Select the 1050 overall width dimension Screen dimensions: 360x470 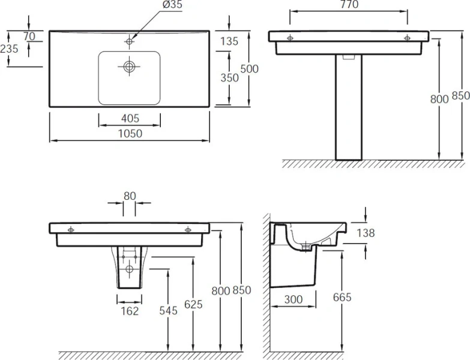pyautogui.click(x=130, y=134)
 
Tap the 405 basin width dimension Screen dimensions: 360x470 pyautogui.click(x=130, y=118)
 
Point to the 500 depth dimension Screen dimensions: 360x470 pyautogui.click(x=249, y=69)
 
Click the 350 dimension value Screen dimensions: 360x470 pyautogui.click(x=229, y=78)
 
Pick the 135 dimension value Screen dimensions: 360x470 pyautogui.click(x=229, y=41)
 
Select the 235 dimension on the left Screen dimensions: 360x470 pyautogui.click(x=10, y=49)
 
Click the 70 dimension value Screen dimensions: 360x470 pyautogui.click(x=29, y=36)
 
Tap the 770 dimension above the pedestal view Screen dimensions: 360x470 pyautogui.click(x=349, y=5)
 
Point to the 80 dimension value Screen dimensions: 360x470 pyautogui.click(x=130, y=195)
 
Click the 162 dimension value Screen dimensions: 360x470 pyautogui.click(x=130, y=311)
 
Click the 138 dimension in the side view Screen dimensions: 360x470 pyautogui.click(x=365, y=233)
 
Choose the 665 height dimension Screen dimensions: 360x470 pyautogui.click(x=342, y=298)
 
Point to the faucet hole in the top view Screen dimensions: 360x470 pyautogui.click(x=129, y=41)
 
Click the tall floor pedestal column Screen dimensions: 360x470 pyautogui.click(x=349, y=114)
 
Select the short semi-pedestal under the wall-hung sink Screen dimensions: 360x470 pyautogui.click(x=129, y=273)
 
